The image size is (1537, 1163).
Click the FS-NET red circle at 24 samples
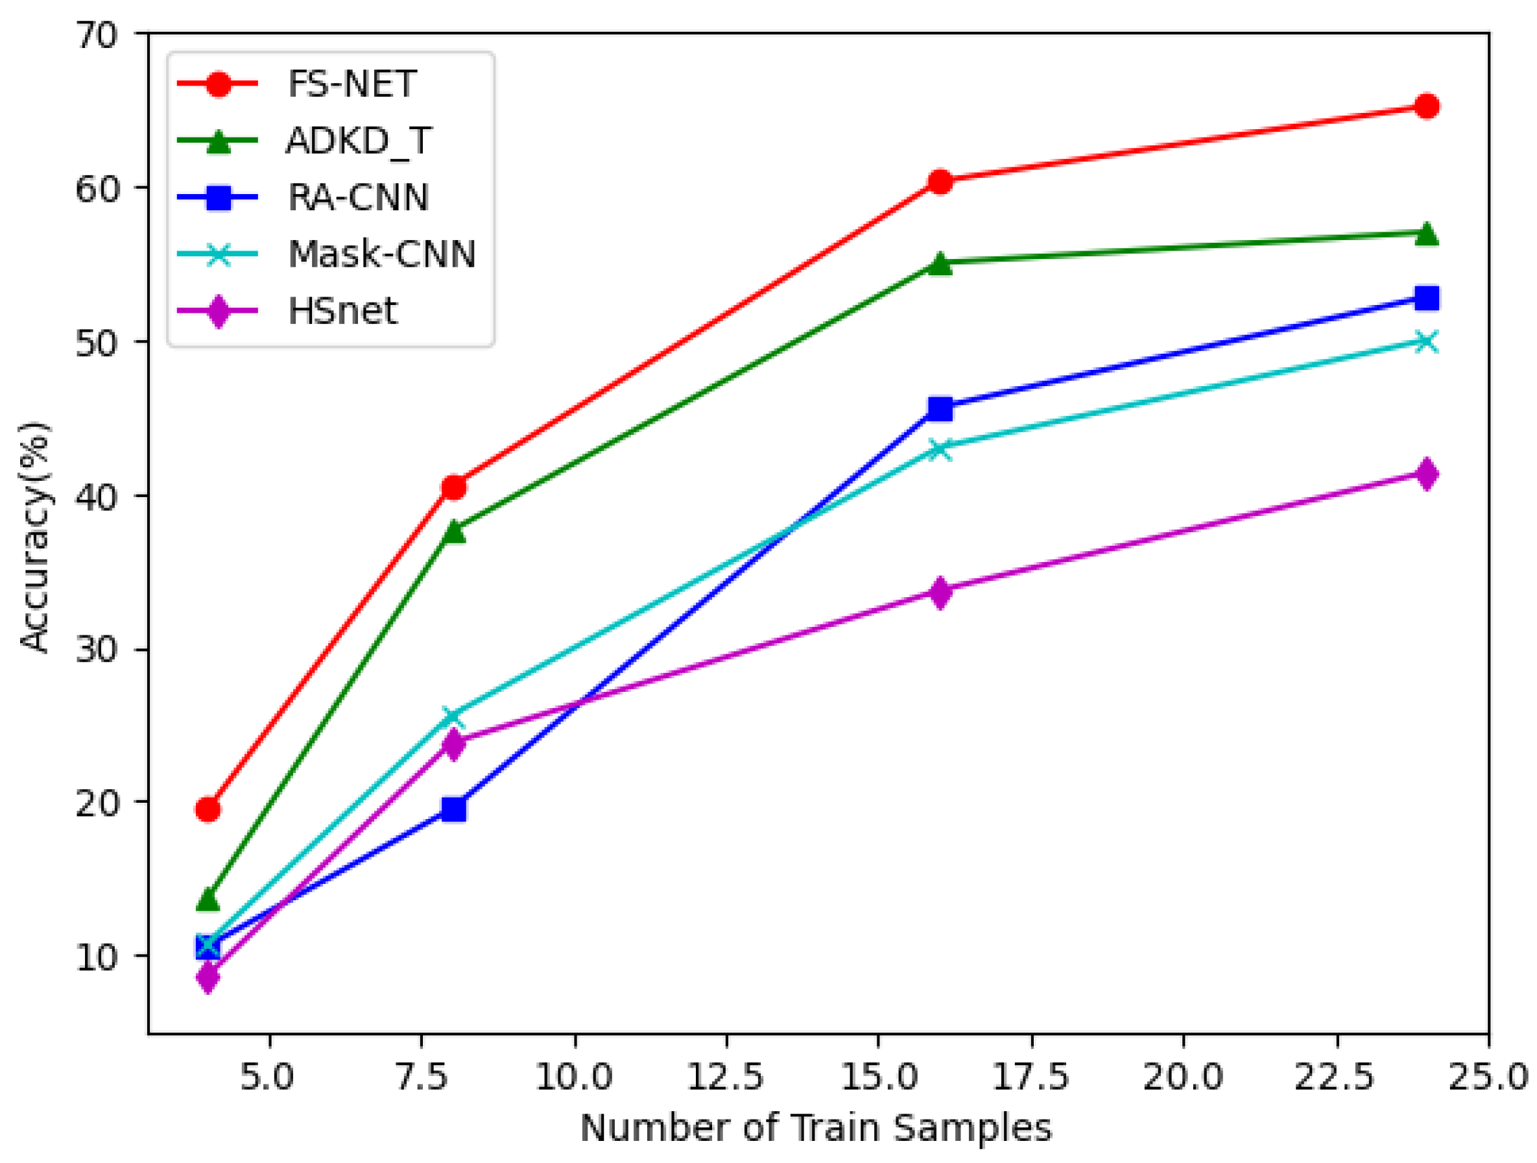click(1427, 106)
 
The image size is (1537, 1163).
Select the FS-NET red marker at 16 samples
click(940, 182)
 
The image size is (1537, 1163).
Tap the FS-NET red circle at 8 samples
click(454, 488)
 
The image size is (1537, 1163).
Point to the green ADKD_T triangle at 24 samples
click(1427, 234)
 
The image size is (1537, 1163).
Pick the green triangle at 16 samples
click(940, 263)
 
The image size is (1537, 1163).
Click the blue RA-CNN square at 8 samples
click(454, 809)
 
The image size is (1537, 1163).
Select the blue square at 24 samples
click(1427, 299)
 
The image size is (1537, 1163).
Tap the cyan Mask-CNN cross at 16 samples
click(940, 449)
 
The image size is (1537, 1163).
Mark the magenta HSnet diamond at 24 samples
click(1427, 474)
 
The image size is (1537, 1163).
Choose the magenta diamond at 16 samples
click(940, 593)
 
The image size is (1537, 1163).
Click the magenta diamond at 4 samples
click(208, 977)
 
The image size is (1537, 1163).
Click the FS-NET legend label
click(351, 84)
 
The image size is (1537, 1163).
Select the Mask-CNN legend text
click(381, 254)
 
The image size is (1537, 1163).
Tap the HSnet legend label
click(342, 311)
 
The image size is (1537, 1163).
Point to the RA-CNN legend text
click(358, 197)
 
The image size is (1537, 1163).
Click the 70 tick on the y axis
click(97, 35)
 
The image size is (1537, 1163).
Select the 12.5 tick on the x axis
click(726, 1077)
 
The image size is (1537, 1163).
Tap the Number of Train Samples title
click(816, 1128)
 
